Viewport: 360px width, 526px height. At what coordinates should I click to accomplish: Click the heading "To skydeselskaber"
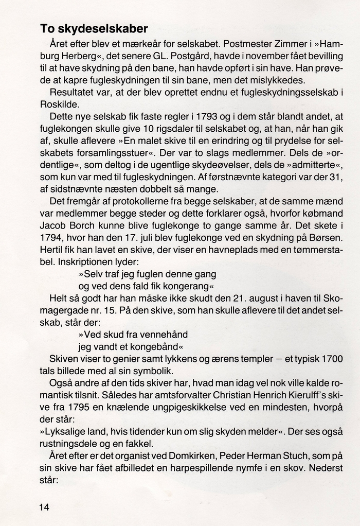coord(94,28)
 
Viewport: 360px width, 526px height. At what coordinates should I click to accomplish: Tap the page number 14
coord(44,507)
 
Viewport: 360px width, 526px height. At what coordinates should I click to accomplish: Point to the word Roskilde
coord(57,104)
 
